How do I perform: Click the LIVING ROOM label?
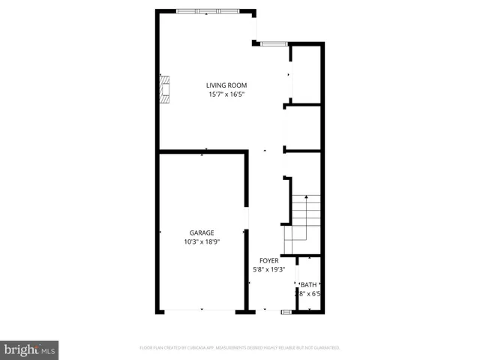click(226, 85)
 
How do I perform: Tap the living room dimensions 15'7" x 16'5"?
click(226, 94)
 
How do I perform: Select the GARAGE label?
click(201, 232)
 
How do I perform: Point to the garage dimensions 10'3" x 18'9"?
click(201, 242)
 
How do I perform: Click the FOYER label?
click(269, 260)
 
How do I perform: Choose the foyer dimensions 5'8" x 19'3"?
click(269, 269)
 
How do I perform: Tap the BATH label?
click(308, 285)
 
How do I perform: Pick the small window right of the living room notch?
click(274, 43)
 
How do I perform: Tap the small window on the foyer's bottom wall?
click(286, 310)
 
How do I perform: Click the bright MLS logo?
click(29, 349)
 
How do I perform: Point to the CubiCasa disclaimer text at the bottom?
click(240, 348)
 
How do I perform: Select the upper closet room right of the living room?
click(305, 73)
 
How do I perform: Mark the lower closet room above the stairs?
click(303, 128)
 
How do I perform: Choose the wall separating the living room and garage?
click(202, 152)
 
